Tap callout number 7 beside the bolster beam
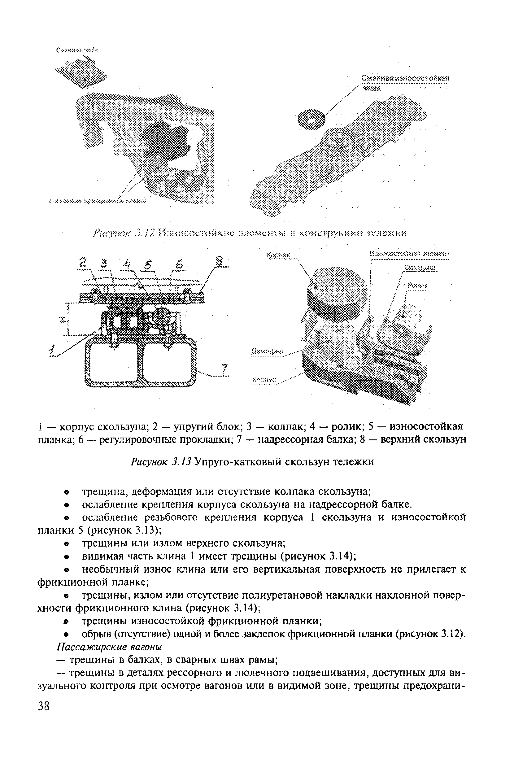coord(225,369)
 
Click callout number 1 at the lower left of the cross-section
coord(52,350)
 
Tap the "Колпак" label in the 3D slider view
coord(278,255)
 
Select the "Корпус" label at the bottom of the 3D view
coord(264,380)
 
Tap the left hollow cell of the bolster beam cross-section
coord(111,362)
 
